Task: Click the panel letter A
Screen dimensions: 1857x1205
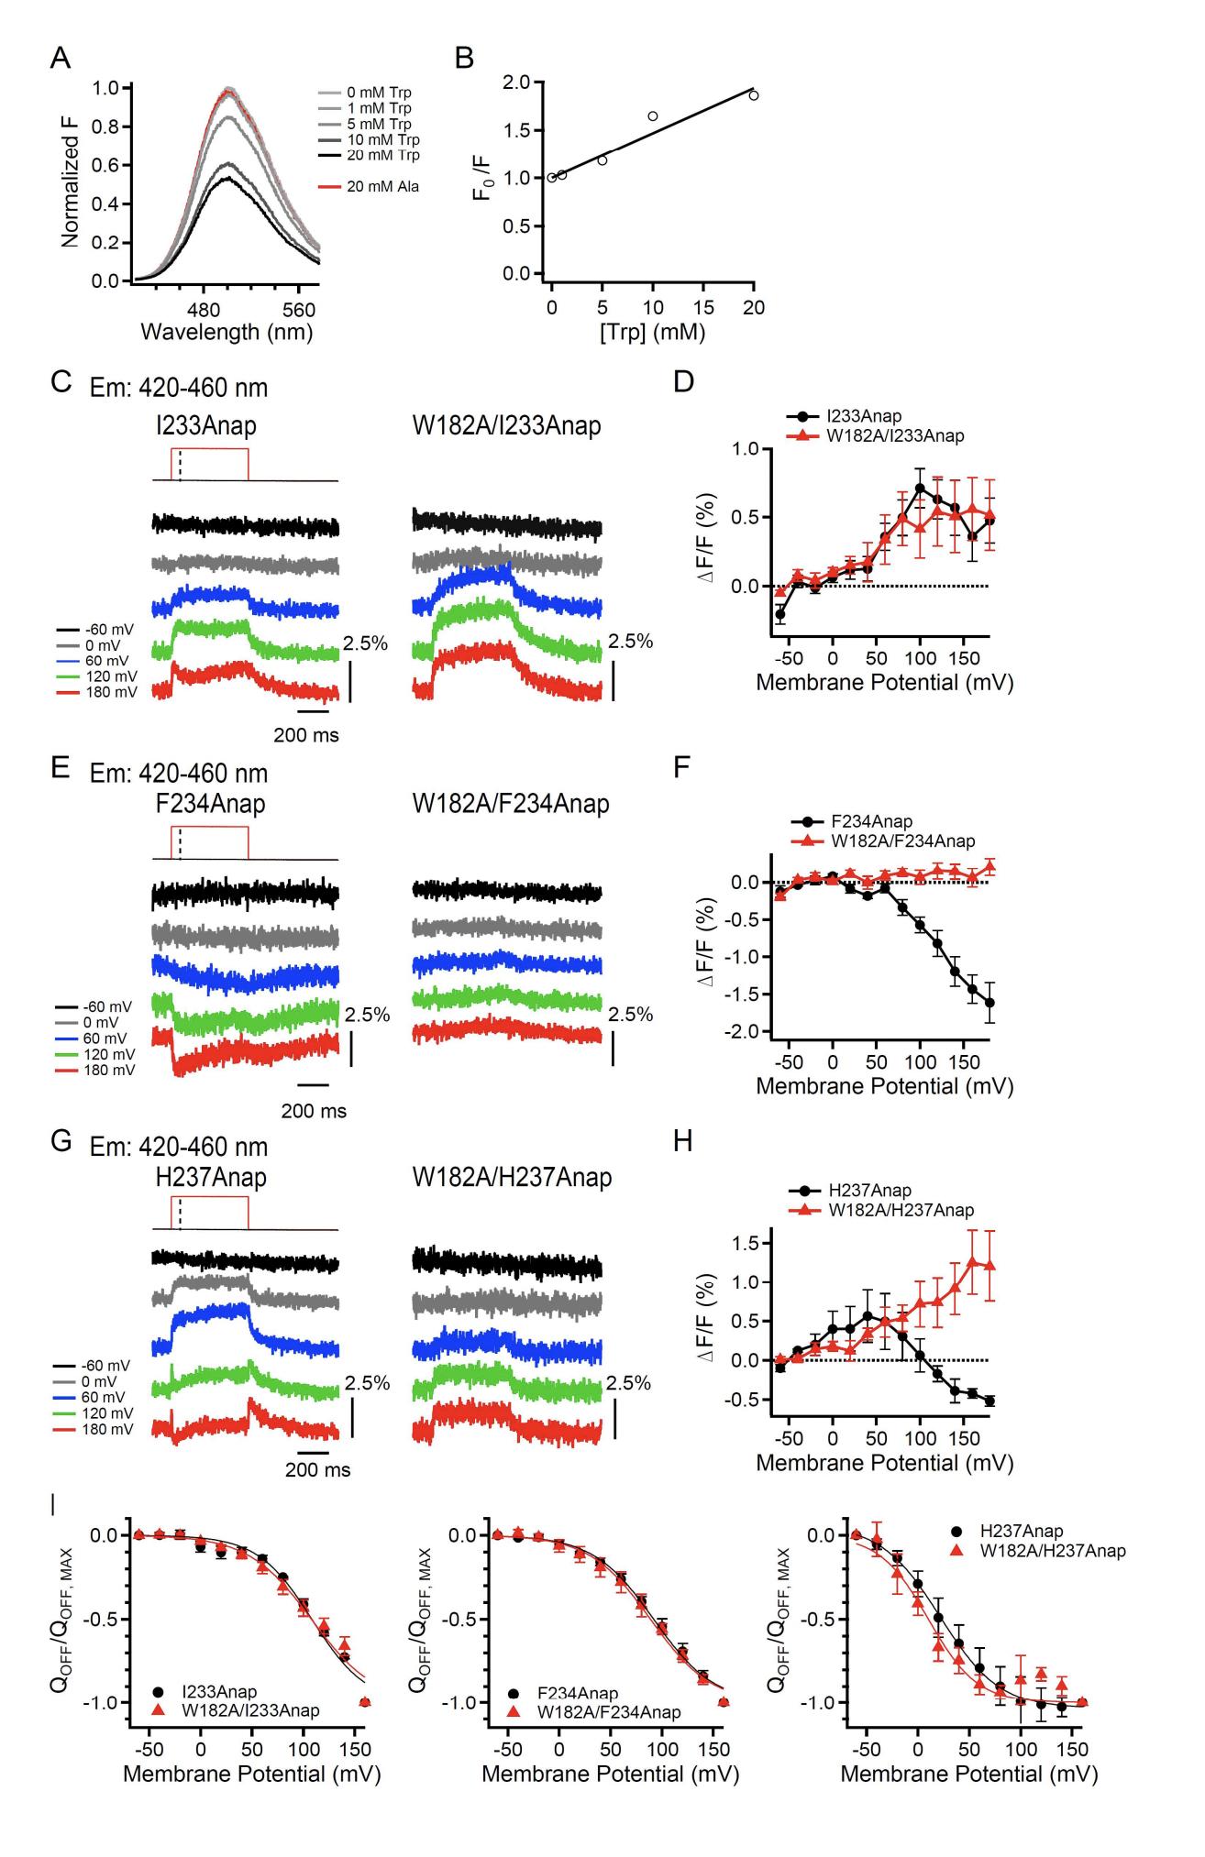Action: point(61,59)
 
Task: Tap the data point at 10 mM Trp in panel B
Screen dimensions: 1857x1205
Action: point(652,116)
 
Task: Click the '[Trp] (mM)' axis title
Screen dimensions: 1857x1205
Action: point(652,332)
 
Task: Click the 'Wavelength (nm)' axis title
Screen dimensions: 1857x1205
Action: point(227,332)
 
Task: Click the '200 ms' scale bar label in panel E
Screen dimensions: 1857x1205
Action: point(314,1111)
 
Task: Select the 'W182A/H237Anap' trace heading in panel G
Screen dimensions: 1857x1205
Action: point(512,1176)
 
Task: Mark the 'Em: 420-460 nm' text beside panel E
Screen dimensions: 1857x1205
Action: point(179,774)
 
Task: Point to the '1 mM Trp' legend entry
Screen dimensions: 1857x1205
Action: point(380,108)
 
